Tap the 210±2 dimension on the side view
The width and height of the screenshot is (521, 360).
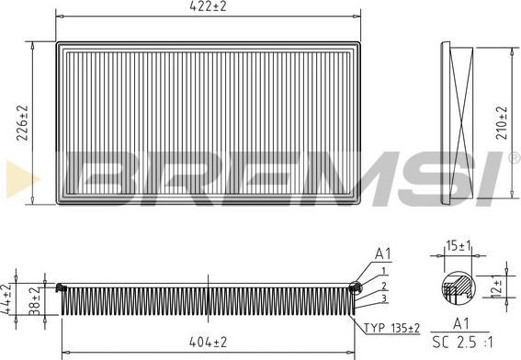coord(502,119)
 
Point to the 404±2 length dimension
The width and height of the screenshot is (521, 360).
coord(209,342)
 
